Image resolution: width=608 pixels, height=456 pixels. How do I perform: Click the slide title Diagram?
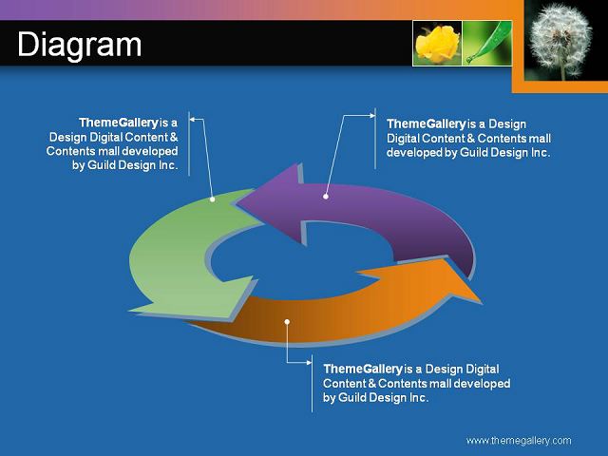(80, 46)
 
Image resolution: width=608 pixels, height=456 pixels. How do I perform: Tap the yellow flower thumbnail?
(437, 43)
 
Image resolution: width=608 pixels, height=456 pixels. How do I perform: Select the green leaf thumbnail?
(487, 43)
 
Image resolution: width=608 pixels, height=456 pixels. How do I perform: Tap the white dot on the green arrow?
(213, 199)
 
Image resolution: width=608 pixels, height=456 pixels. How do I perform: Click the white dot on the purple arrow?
(326, 197)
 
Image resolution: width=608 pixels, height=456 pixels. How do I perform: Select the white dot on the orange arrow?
(287, 322)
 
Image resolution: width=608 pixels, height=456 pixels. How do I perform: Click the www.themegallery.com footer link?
(519, 441)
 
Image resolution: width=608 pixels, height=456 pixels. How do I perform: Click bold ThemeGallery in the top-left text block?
(119, 123)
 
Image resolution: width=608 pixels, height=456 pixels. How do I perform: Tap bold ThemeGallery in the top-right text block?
(427, 124)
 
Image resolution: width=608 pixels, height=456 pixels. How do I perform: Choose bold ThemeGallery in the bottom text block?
(363, 369)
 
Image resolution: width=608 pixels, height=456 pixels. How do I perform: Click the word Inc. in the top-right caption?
(541, 152)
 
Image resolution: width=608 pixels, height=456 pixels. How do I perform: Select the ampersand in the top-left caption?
(174, 137)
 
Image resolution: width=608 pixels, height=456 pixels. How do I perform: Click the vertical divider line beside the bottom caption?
(313, 383)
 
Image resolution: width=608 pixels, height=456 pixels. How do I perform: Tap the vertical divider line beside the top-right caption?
(375, 139)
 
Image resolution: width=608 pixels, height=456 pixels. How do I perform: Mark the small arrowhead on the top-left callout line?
(192, 120)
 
